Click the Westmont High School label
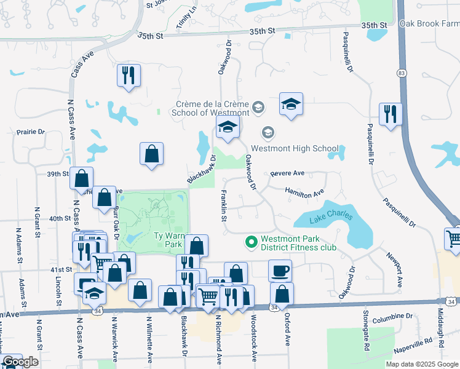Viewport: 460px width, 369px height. pyautogui.click(x=295, y=148)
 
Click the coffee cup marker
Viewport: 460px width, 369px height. pyautogui.click(x=280, y=271)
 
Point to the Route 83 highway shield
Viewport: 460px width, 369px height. pyautogui.click(x=402, y=73)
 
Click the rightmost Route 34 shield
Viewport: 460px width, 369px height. pyautogui.click(x=451, y=301)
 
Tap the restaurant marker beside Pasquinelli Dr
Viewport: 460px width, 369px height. pyautogui.click(x=391, y=114)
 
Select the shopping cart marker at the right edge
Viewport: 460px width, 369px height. pyautogui.click(x=454, y=239)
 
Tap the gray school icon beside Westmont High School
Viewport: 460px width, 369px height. pyautogui.click(x=268, y=132)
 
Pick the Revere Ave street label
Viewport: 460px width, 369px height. pyautogui.click(x=288, y=174)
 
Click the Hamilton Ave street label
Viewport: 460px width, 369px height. pyautogui.click(x=304, y=193)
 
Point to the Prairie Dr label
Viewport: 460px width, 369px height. pyautogui.click(x=31, y=132)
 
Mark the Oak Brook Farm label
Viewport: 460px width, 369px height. pyautogui.click(x=429, y=23)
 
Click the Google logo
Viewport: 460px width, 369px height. pyautogui.click(x=20, y=362)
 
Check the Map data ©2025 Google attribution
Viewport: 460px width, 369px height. pyautogui.click(x=421, y=364)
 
